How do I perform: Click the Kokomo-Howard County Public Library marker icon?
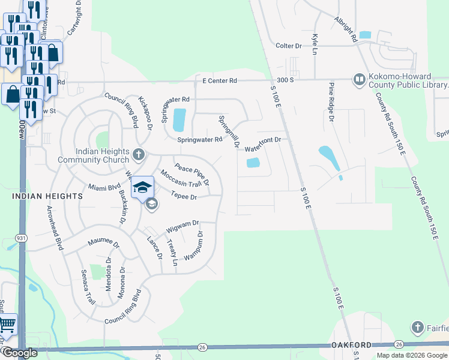click(x=359, y=79)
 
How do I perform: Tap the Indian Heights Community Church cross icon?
click(x=139, y=155)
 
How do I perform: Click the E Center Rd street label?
click(x=220, y=80)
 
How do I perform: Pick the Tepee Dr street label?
click(x=184, y=196)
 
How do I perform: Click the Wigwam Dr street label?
click(x=183, y=226)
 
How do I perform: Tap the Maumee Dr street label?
click(x=104, y=243)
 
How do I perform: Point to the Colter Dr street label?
click(x=288, y=46)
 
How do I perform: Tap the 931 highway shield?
click(x=22, y=238)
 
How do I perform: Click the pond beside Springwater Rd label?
click(x=179, y=120)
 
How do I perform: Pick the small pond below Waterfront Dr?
click(x=253, y=163)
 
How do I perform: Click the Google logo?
click(x=19, y=353)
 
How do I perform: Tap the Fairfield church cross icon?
click(x=418, y=328)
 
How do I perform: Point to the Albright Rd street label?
click(x=346, y=29)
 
